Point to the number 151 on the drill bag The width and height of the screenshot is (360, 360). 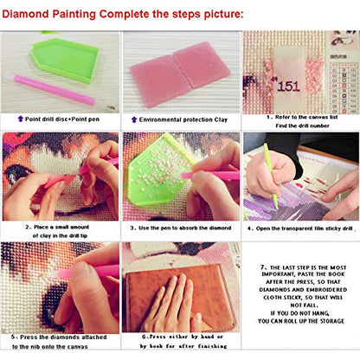[288, 86]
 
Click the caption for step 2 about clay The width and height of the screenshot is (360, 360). [61, 230]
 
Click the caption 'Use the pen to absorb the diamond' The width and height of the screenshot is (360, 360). [180, 227]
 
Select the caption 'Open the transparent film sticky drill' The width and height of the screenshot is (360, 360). [301, 227]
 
